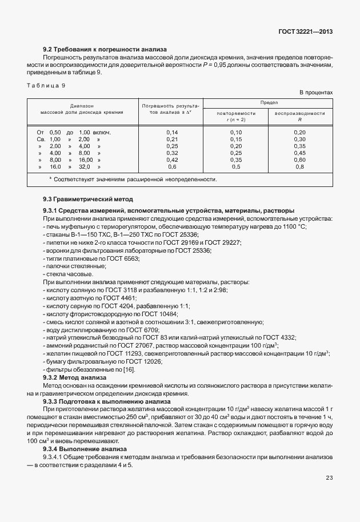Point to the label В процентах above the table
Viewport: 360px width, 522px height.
tap(316, 93)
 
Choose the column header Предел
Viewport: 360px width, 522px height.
tap(269, 102)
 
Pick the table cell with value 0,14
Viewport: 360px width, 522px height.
tap(172, 133)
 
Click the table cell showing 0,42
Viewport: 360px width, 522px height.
tap(172, 160)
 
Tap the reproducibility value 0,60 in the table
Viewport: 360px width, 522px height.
tap(300, 160)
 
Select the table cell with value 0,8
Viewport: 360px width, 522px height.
tap(300, 167)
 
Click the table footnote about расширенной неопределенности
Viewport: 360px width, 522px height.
tap(133, 180)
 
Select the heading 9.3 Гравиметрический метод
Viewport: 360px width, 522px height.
tap(88, 199)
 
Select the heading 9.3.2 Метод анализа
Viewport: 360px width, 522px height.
tap(75, 377)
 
